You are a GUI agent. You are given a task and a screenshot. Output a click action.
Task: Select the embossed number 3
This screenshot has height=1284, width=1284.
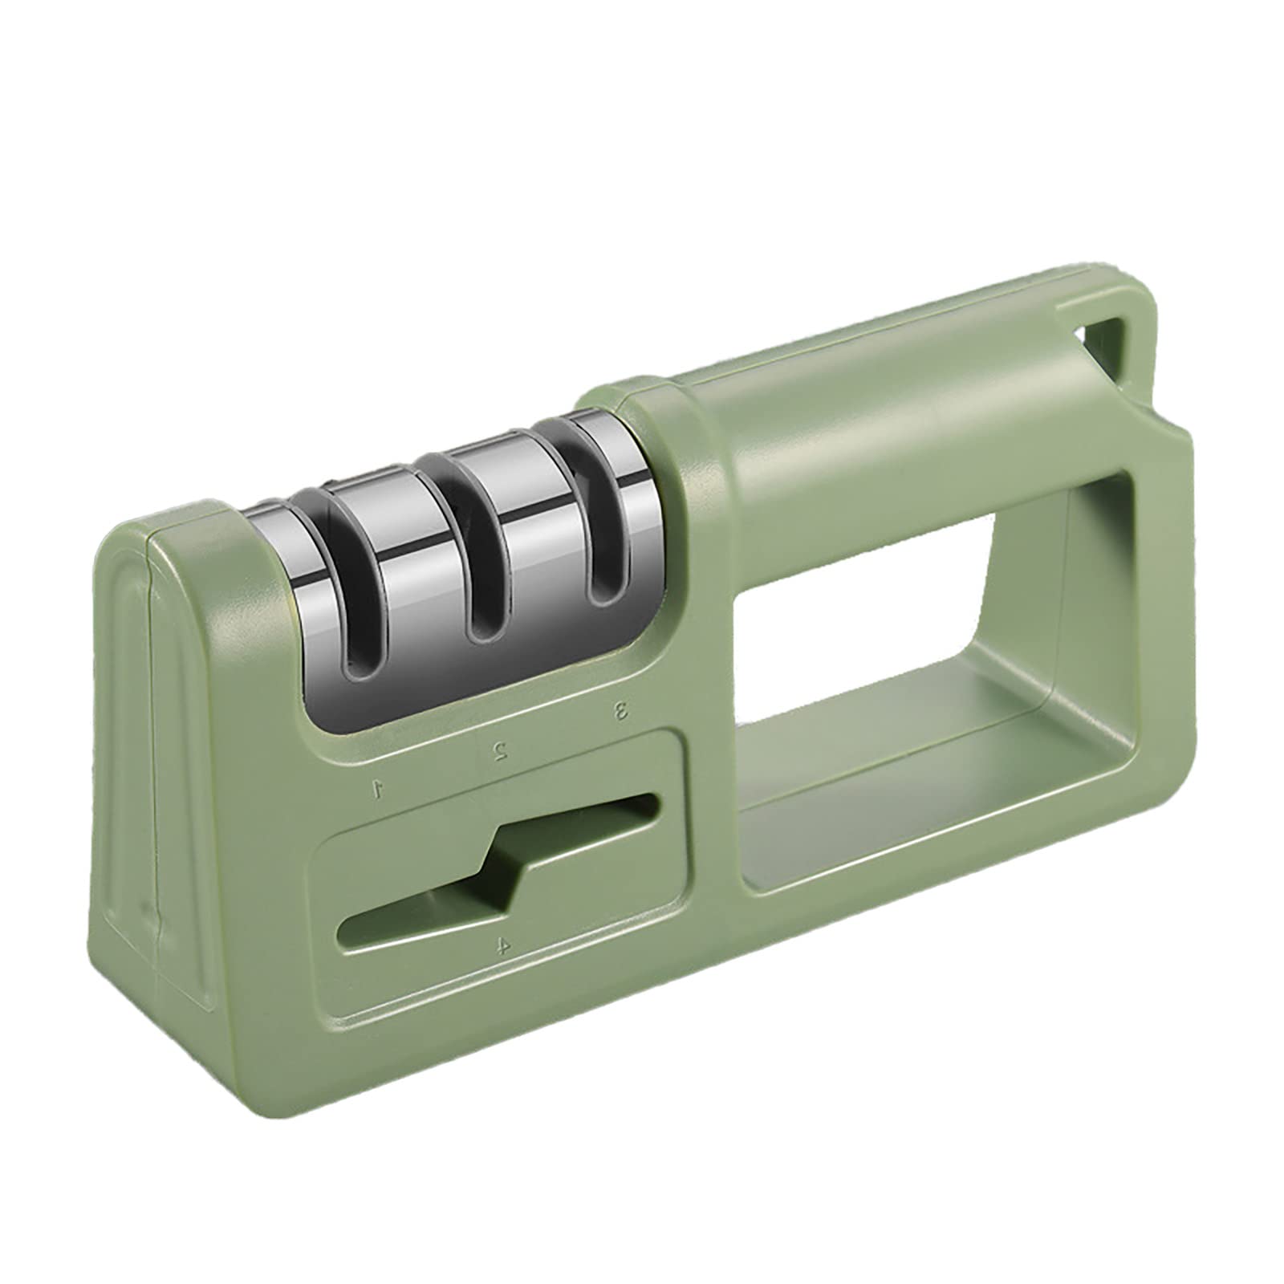620,710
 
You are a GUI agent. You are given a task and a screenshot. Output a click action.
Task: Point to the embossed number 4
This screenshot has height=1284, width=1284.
502,946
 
